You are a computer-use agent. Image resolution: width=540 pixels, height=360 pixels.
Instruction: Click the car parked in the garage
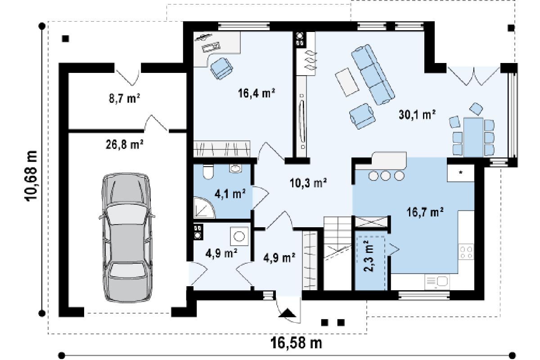pos(127,237)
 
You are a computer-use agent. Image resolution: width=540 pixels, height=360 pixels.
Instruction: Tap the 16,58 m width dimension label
pos(296,343)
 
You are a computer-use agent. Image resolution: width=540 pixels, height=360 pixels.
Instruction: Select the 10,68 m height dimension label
pos(31,176)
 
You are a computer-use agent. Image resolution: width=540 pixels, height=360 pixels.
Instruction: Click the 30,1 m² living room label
pos(417,115)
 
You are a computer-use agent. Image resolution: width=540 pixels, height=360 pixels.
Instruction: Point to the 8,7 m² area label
pos(124,98)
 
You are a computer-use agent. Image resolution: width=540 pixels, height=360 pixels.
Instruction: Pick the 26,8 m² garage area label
pos(124,144)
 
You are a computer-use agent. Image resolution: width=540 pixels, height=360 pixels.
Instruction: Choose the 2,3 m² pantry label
pos(369,256)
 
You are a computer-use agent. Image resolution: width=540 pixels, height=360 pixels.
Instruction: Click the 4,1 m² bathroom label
pos(230,194)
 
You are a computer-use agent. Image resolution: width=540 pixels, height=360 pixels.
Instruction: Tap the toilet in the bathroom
pos(208,171)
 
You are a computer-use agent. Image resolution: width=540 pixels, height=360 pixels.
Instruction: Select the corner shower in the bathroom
pos(204,207)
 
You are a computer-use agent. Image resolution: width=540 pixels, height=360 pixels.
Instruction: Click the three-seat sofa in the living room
pos(373,74)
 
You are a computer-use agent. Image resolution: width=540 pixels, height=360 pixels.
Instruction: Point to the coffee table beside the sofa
pos(347,82)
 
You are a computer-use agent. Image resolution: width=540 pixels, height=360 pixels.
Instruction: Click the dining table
pos(473,137)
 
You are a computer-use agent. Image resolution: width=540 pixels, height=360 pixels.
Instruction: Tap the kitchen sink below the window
pos(437,282)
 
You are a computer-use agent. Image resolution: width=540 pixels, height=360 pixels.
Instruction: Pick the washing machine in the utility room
pos(239,236)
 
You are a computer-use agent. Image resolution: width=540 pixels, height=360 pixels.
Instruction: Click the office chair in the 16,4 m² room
pos(221,68)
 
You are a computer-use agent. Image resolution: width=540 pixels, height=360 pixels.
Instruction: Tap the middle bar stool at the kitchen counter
pos(386,175)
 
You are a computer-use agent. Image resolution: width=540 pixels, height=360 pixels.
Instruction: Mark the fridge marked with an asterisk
pos(461,173)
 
